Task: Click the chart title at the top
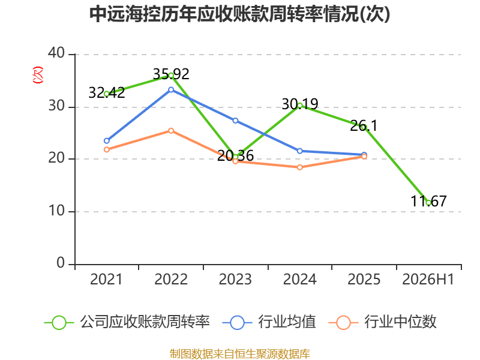point(239,14)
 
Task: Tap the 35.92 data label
point(171,74)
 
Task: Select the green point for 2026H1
point(428,203)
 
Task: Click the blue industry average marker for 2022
point(171,89)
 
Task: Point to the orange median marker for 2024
point(299,167)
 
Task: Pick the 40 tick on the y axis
point(56,53)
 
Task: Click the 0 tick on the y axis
point(61,263)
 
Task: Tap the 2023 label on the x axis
point(235,279)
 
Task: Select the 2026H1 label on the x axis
point(428,279)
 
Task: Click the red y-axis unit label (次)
point(38,75)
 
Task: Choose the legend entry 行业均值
point(269,322)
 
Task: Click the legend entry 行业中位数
point(382,322)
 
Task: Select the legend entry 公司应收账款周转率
point(127,322)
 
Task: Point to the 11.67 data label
point(428,201)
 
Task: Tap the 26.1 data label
point(364,125)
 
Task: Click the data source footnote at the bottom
point(240,354)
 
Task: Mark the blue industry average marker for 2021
point(107,141)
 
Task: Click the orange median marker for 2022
point(171,131)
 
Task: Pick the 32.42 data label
point(107,92)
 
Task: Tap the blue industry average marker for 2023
point(235,121)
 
